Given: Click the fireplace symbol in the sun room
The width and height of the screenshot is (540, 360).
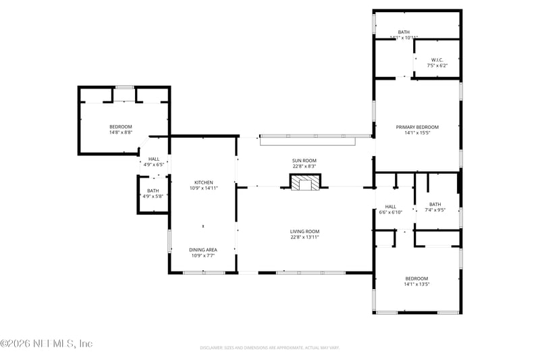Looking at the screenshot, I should [304, 182].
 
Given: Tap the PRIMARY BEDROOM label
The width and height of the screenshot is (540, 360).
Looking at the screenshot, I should [417, 127].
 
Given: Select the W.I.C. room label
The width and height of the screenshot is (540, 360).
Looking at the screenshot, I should [437, 60].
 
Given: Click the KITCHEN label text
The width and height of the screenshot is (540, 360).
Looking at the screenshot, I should [204, 182].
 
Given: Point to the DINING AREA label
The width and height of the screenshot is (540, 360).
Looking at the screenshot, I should [203, 250].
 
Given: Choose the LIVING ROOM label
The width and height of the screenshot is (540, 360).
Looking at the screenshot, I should [304, 232].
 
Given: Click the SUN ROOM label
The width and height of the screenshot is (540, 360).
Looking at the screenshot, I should [304, 160].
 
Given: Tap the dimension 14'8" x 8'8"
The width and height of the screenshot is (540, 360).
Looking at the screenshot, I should [121, 132].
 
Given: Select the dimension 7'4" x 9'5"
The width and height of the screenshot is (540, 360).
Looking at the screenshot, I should [435, 210].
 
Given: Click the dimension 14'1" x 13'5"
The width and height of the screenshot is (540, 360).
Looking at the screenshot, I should [416, 284].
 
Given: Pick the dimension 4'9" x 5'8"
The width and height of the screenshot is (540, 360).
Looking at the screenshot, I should [153, 197].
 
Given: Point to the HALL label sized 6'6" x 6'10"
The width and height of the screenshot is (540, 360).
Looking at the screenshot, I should [390, 207].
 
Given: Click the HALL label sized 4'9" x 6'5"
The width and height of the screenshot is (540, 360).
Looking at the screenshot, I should [153, 159].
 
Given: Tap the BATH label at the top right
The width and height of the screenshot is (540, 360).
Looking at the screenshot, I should [404, 32].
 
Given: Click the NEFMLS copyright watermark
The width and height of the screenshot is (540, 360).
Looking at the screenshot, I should [47, 343].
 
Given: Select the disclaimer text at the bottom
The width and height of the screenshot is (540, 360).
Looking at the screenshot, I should [269, 348].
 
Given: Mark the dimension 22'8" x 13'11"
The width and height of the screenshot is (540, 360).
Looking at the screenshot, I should [304, 237].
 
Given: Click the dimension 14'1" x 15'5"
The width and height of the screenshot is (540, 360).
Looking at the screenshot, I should [417, 133].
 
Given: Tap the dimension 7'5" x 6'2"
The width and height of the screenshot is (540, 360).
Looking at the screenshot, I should [437, 66].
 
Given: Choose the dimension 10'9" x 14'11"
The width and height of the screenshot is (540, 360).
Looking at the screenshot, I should [204, 188].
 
